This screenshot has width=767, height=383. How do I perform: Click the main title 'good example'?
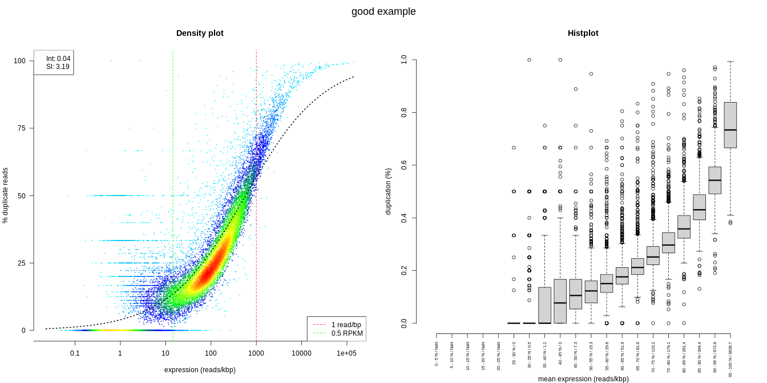tap(383, 11)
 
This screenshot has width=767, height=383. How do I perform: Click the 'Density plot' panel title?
tap(200, 33)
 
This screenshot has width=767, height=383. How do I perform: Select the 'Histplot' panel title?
tap(583, 33)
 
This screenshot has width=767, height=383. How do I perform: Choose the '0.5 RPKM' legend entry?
tap(346, 333)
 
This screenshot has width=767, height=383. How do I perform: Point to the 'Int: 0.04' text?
tap(58, 59)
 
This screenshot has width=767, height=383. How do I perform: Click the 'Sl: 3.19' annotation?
tap(58, 67)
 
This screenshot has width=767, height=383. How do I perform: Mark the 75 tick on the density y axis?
tap(23, 128)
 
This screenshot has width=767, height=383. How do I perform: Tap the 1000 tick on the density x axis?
tap(256, 353)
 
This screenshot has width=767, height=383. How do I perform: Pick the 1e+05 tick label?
tap(346, 353)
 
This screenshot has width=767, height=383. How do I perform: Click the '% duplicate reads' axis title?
tap(6, 195)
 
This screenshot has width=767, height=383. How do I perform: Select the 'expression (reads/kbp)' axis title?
tap(200, 370)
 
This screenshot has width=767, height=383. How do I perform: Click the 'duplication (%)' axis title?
tap(388, 191)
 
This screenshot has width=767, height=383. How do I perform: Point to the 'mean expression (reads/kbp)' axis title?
tap(583, 379)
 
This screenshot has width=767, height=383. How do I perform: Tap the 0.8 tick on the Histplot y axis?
tap(404, 112)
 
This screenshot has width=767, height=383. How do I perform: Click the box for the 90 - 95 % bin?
tap(714, 180)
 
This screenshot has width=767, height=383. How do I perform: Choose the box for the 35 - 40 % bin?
tap(544, 305)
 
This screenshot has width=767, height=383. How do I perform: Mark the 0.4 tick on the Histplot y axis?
tap(404, 218)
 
